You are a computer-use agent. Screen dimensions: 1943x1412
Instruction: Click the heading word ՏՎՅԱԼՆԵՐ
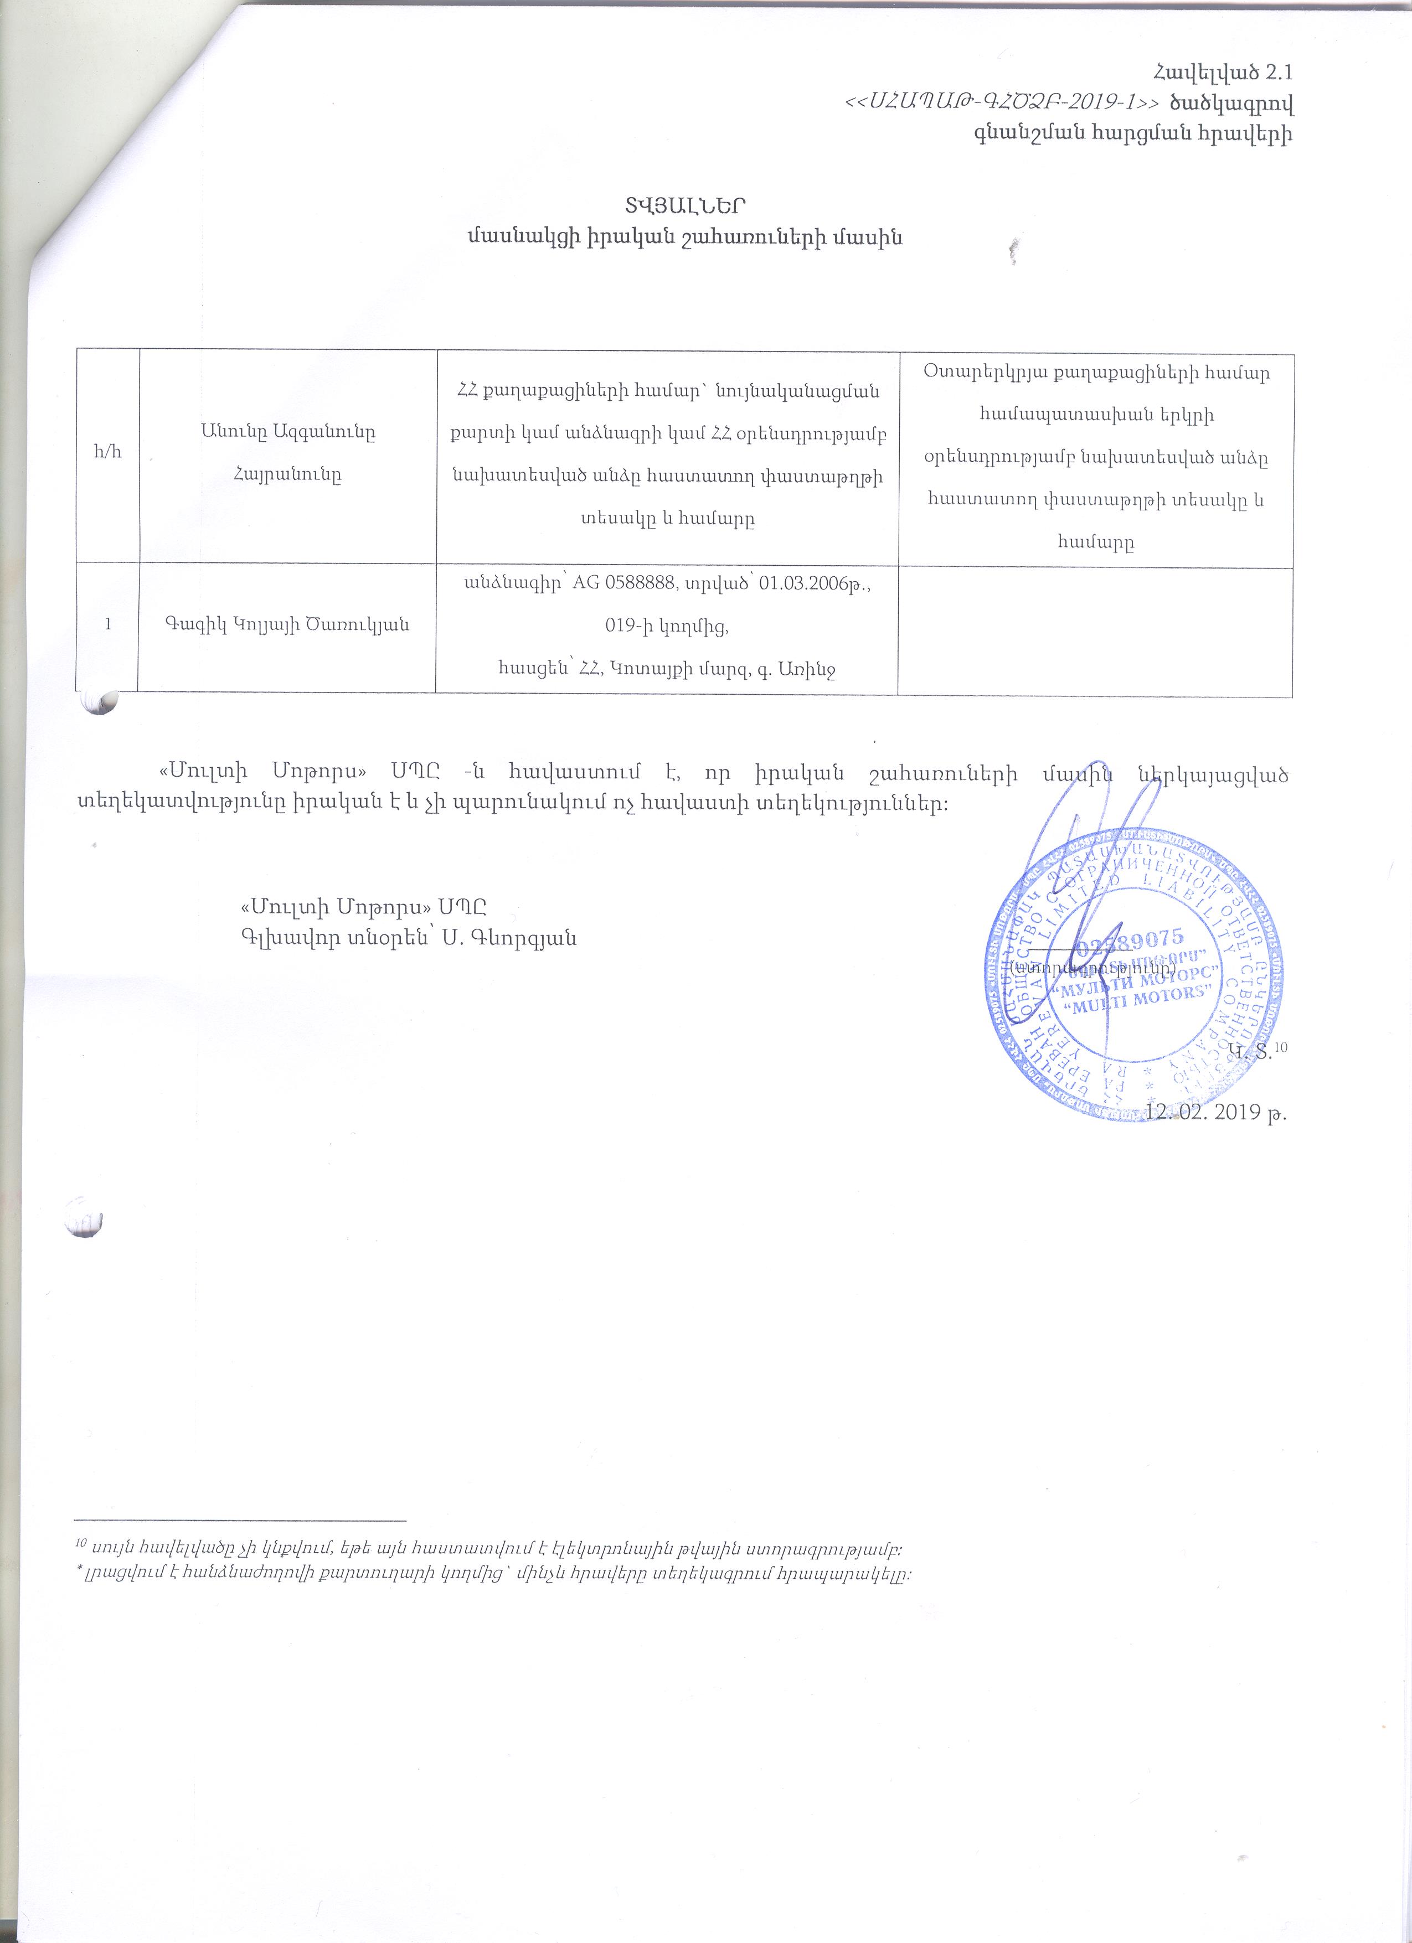click(684, 205)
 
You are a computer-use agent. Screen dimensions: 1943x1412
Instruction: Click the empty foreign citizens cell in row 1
click(1095, 630)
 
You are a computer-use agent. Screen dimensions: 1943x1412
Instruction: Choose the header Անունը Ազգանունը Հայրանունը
click(287, 453)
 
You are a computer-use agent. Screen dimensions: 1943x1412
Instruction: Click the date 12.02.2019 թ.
click(1217, 1112)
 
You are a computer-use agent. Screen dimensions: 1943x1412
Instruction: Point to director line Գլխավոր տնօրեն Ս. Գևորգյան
click(409, 937)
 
